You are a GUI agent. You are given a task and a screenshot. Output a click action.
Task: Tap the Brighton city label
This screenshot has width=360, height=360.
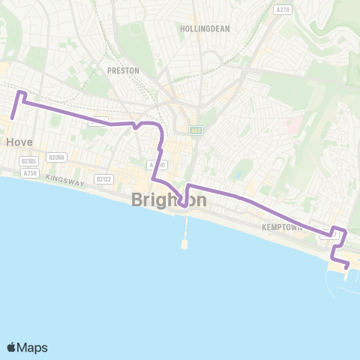tap(169, 199)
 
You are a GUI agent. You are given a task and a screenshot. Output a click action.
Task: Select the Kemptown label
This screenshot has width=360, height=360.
tap(281, 226)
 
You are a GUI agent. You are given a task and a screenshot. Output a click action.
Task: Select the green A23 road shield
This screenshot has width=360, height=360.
tap(196, 130)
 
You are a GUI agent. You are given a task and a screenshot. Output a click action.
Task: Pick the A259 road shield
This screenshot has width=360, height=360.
tap(30, 173)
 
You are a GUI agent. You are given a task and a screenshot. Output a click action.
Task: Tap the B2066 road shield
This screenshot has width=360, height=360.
tap(56, 157)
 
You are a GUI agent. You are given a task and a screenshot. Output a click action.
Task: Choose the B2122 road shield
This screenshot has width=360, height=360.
tap(103, 179)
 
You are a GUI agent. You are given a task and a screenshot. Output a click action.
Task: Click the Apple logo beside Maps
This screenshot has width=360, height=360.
tap(11, 347)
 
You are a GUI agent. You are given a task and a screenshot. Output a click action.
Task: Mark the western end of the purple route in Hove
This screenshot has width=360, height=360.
tap(13, 118)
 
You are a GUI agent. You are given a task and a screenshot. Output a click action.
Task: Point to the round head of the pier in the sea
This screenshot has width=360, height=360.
tap(184, 244)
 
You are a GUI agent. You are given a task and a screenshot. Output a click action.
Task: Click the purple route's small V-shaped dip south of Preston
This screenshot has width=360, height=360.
tap(135, 127)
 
